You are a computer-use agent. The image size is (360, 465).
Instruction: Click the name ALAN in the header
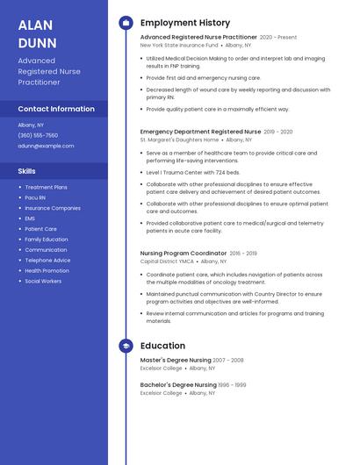pyautogui.click(x=35, y=25)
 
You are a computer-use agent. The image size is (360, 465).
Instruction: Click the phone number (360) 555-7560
pyautogui.click(x=38, y=135)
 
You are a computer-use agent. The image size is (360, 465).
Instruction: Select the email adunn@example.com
pyautogui.click(x=46, y=146)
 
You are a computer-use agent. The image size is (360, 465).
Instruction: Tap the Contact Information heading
pyautogui.click(x=56, y=109)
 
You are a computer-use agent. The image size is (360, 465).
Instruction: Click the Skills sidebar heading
pyautogui.click(x=27, y=171)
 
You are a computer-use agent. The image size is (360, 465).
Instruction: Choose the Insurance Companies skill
pyautogui.click(x=53, y=208)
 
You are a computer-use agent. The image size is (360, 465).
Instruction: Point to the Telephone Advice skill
pyautogui.click(x=47, y=260)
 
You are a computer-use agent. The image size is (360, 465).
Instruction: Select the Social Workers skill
pyautogui.click(x=43, y=281)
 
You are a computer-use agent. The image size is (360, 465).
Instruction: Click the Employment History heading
pyautogui.click(x=185, y=23)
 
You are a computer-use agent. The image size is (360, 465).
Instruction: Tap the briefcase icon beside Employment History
pyautogui.click(x=126, y=23)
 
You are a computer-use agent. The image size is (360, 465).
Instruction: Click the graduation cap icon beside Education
pyautogui.click(x=126, y=346)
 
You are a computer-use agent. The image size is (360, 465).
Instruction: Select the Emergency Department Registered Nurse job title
pyautogui.click(x=200, y=132)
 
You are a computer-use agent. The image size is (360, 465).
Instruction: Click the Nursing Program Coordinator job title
pyautogui.click(x=184, y=253)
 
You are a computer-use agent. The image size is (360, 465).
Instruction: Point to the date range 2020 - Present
pyautogui.click(x=278, y=38)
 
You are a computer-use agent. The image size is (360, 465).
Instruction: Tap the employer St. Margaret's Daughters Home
pyautogui.click(x=179, y=139)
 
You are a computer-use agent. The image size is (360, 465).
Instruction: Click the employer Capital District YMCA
pyautogui.click(x=168, y=261)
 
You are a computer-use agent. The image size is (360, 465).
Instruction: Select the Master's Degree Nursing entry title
pyautogui.click(x=176, y=360)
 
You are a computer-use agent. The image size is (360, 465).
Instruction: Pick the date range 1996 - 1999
pyautogui.click(x=233, y=384)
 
